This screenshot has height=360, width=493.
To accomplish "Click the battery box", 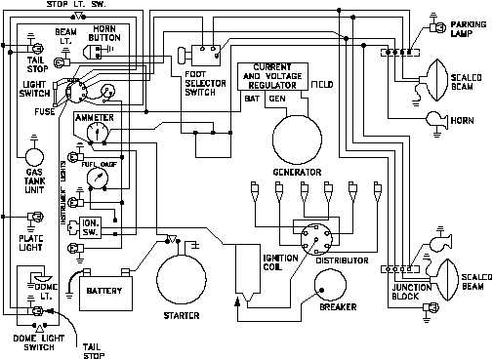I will point(103,290).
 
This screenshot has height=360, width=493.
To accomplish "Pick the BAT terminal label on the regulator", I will point(251,99).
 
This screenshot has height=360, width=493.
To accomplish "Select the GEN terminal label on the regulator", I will point(277,99).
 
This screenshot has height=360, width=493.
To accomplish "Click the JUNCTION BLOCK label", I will point(412,291).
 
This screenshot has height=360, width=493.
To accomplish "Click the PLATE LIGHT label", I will point(32,243).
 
